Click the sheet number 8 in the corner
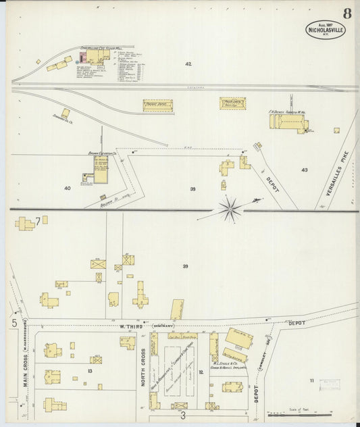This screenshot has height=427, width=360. [346, 13]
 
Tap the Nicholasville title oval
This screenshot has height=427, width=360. [326, 29]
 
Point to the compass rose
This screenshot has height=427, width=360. [231, 209]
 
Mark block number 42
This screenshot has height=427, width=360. [188, 64]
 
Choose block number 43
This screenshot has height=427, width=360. [304, 170]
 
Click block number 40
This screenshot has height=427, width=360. [67, 188]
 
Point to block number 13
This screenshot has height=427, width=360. [89, 371]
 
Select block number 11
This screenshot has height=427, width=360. [311, 381]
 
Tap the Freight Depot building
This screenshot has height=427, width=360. [157, 105]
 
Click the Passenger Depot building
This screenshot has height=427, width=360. [232, 103]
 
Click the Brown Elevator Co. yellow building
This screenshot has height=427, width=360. [100, 171]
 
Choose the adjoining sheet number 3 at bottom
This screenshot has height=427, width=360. [181, 416]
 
